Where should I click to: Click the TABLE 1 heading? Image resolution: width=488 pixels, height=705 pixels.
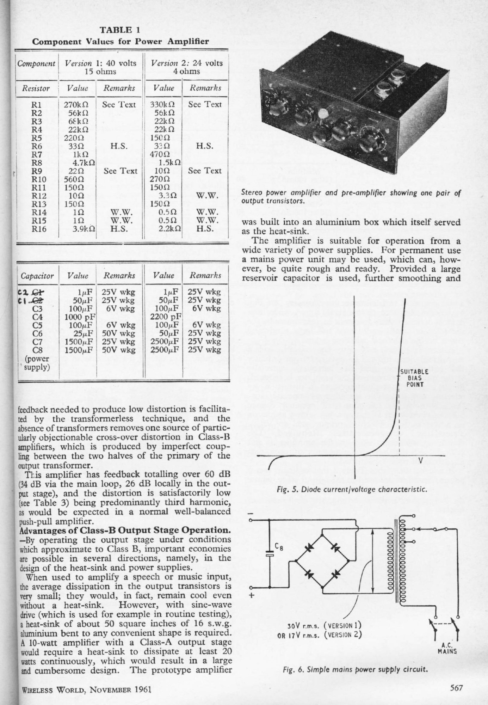[120, 29]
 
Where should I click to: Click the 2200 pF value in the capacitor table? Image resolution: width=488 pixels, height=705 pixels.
[166, 317]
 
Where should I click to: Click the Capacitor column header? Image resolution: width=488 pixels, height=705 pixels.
[37, 276]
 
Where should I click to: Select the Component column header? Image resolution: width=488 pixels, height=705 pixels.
[36, 64]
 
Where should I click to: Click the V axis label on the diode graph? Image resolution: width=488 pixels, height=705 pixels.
[420, 461]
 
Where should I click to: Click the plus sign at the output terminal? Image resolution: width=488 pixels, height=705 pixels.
[251, 596]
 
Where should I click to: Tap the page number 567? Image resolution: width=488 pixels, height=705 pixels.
[456, 688]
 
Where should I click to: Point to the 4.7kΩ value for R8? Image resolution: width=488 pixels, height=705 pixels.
[84, 163]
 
